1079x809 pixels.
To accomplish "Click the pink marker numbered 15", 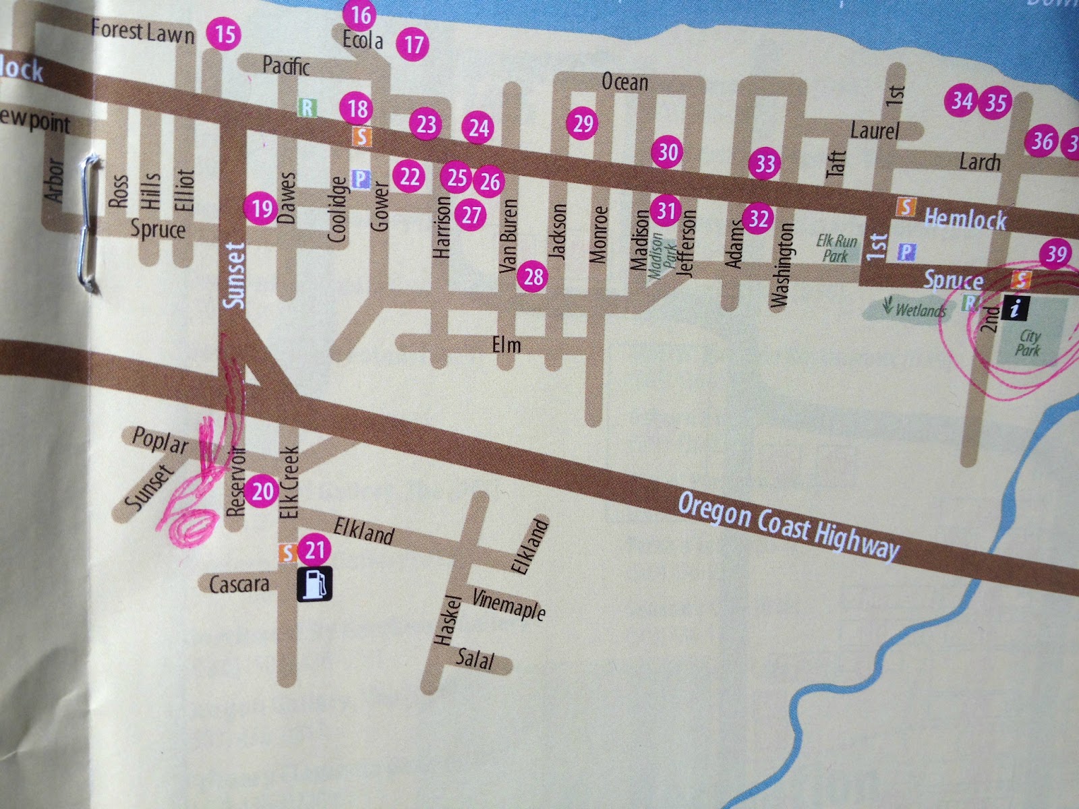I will pyautogui.click(x=225, y=34).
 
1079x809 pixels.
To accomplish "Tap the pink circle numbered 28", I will pyautogui.click(x=533, y=276).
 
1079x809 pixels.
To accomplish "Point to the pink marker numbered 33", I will pyautogui.click(x=765, y=164).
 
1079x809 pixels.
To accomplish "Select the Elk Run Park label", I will pyautogui.click(x=836, y=247).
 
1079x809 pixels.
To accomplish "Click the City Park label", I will pyautogui.click(x=1028, y=342).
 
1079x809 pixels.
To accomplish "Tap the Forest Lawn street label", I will pyautogui.click(x=142, y=31).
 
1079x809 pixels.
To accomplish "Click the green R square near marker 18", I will pyautogui.click(x=308, y=107).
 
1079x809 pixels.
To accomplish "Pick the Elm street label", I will pyautogui.click(x=506, y=345).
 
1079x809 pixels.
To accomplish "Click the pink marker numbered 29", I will pyautogui.click(x=583, y=123).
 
